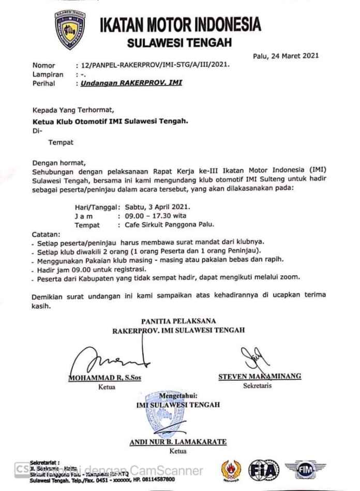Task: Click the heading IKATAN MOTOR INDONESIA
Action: coord(180,24)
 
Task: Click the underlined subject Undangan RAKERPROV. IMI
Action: coord(131,83)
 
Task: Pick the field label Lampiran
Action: coord(48,75)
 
